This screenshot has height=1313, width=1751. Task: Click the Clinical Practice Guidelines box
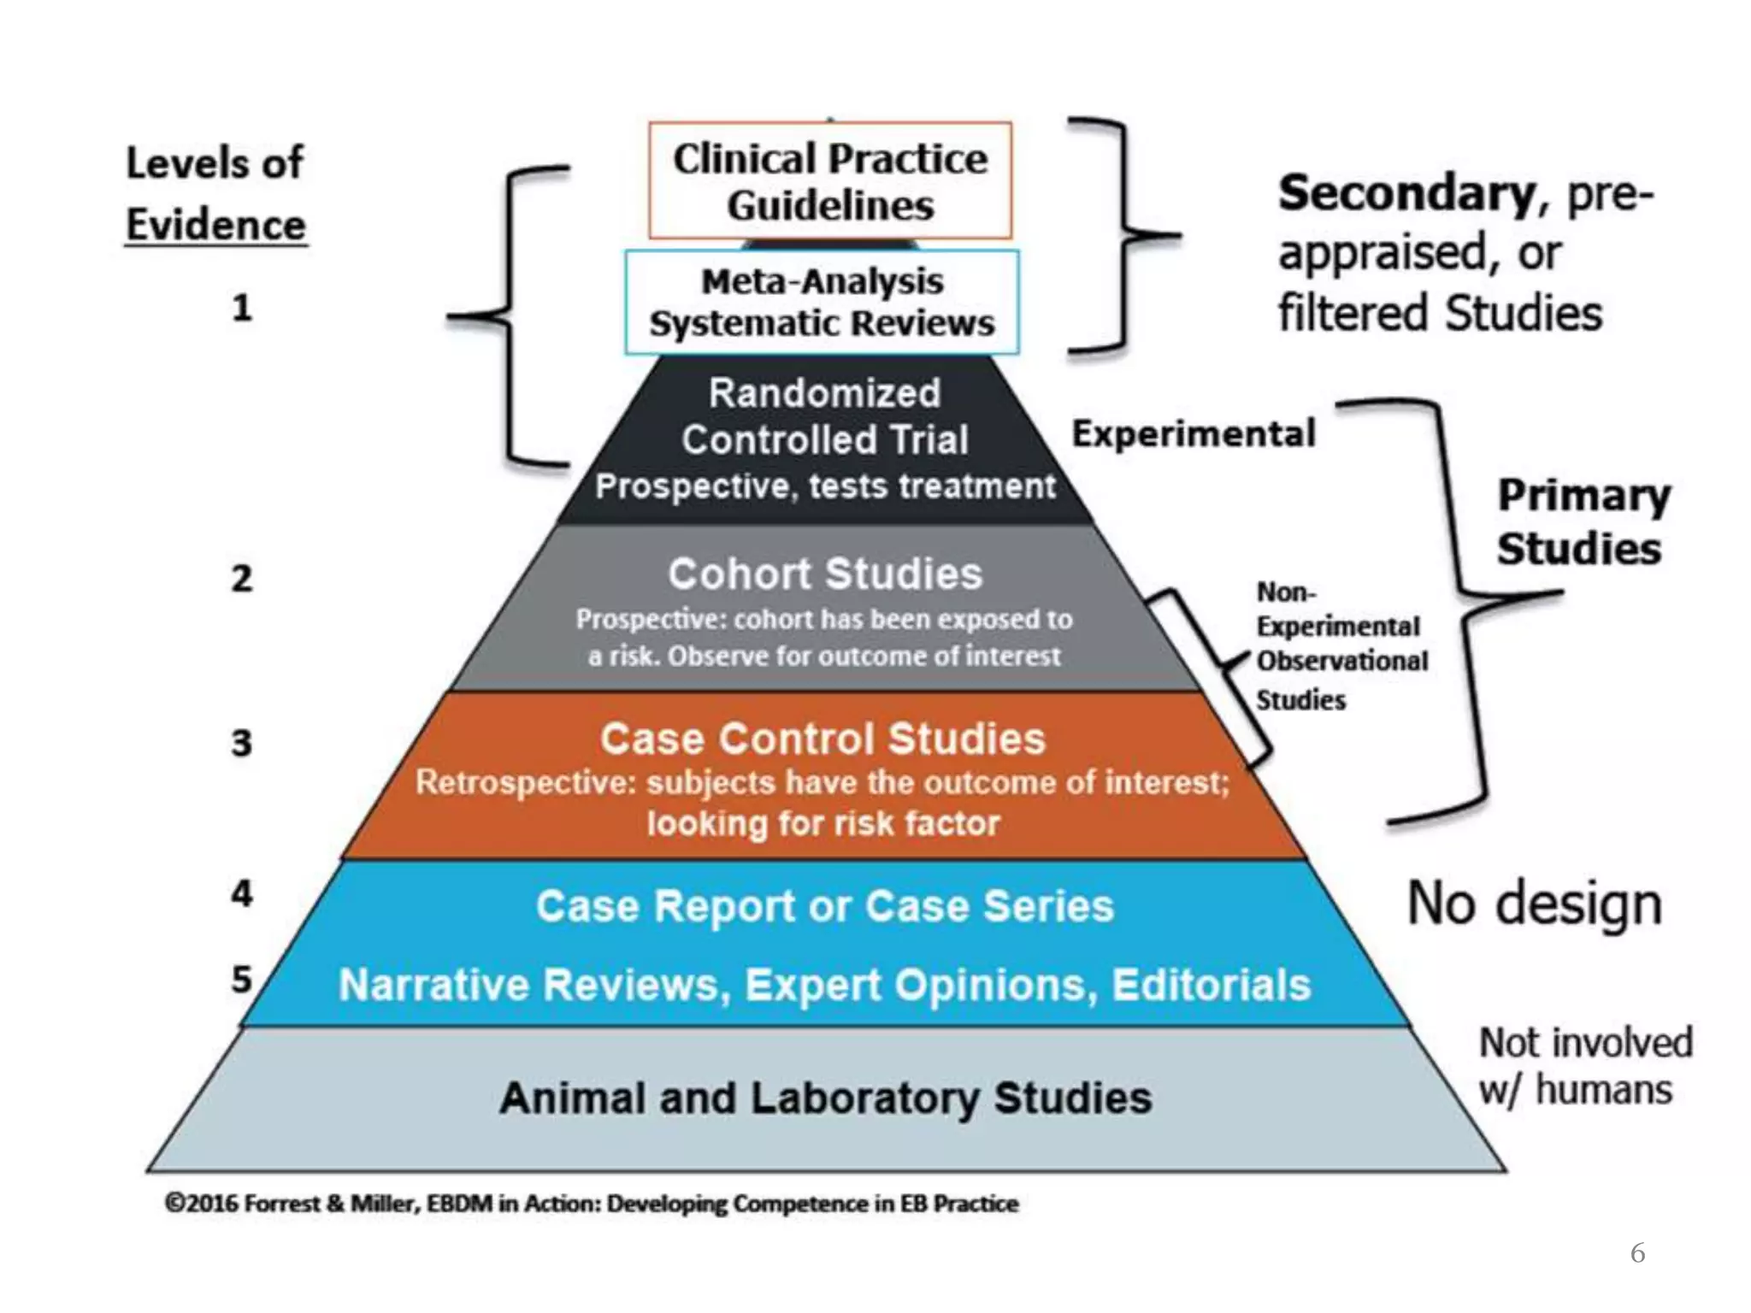click(x=829, y=181)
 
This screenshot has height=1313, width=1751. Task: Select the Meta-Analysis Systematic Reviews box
click(x=822, y=302)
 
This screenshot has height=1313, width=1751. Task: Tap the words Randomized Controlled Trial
click(x=824, y=416)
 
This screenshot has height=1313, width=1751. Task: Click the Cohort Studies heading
click(x=825, y=574)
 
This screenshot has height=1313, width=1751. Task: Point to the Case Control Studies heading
click(x=822, y=739)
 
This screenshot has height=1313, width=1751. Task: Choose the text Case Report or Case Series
click(x=825, y=906)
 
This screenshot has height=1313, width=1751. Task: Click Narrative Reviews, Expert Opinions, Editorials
click(x=825, y=985)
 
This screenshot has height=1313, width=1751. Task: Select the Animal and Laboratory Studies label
click(x=825, y=1098)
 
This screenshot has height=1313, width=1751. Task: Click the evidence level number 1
click(x=242, y=308)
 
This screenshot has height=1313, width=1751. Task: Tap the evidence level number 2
click(x=242, y=579)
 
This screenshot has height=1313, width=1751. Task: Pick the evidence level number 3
click(x=242, y=743)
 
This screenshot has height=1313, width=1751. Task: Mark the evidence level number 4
click(x=242, y=894)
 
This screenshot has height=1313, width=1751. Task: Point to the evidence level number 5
click(x=242, y=980)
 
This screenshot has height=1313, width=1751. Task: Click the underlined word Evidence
click(x=215, y=226)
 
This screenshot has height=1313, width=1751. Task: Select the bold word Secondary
click(x=1407, y=193)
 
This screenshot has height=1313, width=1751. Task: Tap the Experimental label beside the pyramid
click(x=1194, y=434)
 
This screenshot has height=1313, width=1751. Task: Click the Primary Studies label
click(x=1582, y=521)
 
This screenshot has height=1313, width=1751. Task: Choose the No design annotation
click(x=1535, y=904)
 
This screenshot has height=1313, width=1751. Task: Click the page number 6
click(x=1637, y=1253)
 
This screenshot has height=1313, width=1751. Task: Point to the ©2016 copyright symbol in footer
click(x=174, y=1204)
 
